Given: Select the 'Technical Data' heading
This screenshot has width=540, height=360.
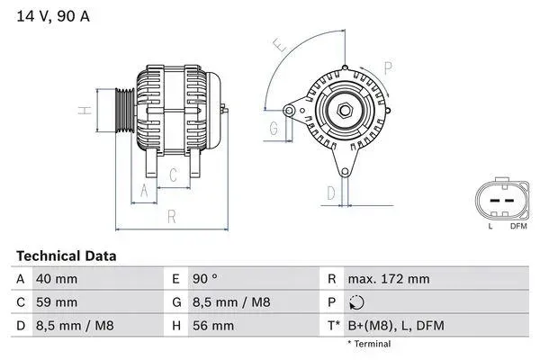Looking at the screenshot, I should (x=66, y=256).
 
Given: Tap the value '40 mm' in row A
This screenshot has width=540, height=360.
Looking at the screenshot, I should (x=56, y=279).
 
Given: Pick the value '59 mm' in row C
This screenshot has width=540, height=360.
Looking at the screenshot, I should (x=56, y=302).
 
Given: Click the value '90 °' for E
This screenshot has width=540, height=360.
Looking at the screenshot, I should (x=205, y=279).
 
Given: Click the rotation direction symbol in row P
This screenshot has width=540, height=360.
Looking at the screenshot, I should (x=357, y=302).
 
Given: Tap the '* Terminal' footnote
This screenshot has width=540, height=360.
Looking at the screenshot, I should (x=369, y=344).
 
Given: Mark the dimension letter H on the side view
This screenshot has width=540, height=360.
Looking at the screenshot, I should (x=82, y=111).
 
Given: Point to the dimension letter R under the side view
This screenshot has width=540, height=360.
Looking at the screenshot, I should (x=171, y=216).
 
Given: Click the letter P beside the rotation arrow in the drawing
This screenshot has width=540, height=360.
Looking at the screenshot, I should (x=388, y=67).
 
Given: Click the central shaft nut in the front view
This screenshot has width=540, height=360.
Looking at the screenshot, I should (x=344, y=110).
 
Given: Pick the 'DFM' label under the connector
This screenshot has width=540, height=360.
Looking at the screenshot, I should (x=517, y=227).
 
